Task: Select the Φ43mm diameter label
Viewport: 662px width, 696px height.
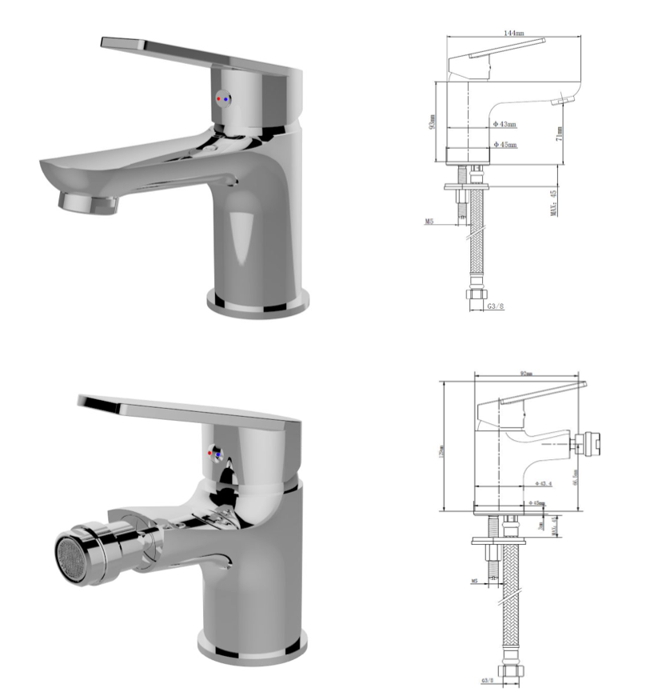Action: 505,124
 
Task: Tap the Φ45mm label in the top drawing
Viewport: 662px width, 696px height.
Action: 505,145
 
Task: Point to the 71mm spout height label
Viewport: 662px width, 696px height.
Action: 560,133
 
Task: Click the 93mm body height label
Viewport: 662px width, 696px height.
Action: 432,122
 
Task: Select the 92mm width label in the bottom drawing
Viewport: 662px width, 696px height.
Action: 526,372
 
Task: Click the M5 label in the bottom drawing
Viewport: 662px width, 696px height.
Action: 474,580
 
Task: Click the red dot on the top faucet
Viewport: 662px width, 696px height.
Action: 220,98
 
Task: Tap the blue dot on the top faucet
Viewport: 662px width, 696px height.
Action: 228,99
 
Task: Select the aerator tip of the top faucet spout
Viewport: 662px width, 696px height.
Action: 88,202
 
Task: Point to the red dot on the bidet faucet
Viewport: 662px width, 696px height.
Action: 210,454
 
